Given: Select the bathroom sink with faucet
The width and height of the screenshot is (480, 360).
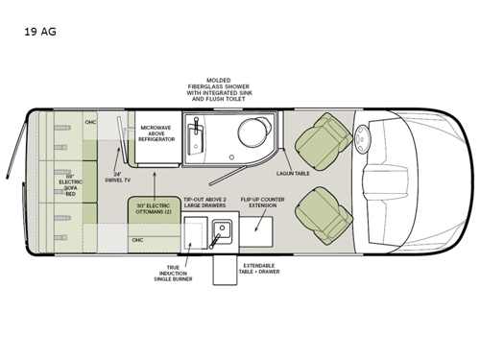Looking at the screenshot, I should click(197, 133).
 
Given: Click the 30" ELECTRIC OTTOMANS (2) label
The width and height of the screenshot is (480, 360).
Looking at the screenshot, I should click(154, 210).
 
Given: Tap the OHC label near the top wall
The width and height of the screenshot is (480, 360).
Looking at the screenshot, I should click(90, 122).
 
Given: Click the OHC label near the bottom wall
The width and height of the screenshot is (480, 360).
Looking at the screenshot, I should click(137, 239).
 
